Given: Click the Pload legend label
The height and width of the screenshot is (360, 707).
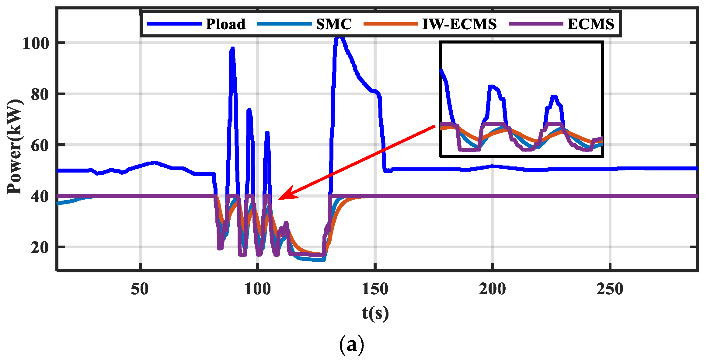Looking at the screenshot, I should click(x=225, y=24).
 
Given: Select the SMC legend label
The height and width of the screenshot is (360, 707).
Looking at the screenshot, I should click(x=334, y=24).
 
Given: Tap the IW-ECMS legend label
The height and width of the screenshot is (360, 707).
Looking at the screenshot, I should click(x=459, y=24).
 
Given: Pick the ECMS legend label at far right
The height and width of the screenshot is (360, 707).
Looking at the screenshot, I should click(x=591, y=24).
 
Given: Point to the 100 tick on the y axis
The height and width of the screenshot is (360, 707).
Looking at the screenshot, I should click(x=36, y=44).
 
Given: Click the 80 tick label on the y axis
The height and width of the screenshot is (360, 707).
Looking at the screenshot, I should click(x=40, y=95).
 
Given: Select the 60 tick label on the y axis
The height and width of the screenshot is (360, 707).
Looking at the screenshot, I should click(x=40, y=145).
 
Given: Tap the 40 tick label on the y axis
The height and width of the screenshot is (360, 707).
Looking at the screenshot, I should click(x=40, y=197).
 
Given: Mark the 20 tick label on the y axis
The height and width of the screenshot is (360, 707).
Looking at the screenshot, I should click(x=40, y=248).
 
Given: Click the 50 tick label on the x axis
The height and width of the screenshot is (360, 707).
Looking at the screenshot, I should click(x=140, y=289).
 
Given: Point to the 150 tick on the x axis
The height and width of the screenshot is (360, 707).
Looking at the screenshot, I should click(x=375, y=289).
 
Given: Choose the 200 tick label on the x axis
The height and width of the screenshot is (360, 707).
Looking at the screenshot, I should click(x=492, y=289).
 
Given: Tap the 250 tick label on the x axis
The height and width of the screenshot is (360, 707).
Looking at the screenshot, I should click(x=610, y=289).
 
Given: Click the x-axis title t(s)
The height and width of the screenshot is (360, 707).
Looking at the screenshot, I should click(x=375, y=313).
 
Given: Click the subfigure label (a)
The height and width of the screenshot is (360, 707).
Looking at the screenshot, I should click(x=351, y=345).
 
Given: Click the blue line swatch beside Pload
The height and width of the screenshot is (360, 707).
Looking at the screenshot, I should click(x=174, y=24).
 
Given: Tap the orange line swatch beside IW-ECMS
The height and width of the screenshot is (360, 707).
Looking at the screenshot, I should click(x=391, y=24).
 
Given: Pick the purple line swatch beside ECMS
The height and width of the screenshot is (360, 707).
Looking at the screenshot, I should click(x=536, y=24).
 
